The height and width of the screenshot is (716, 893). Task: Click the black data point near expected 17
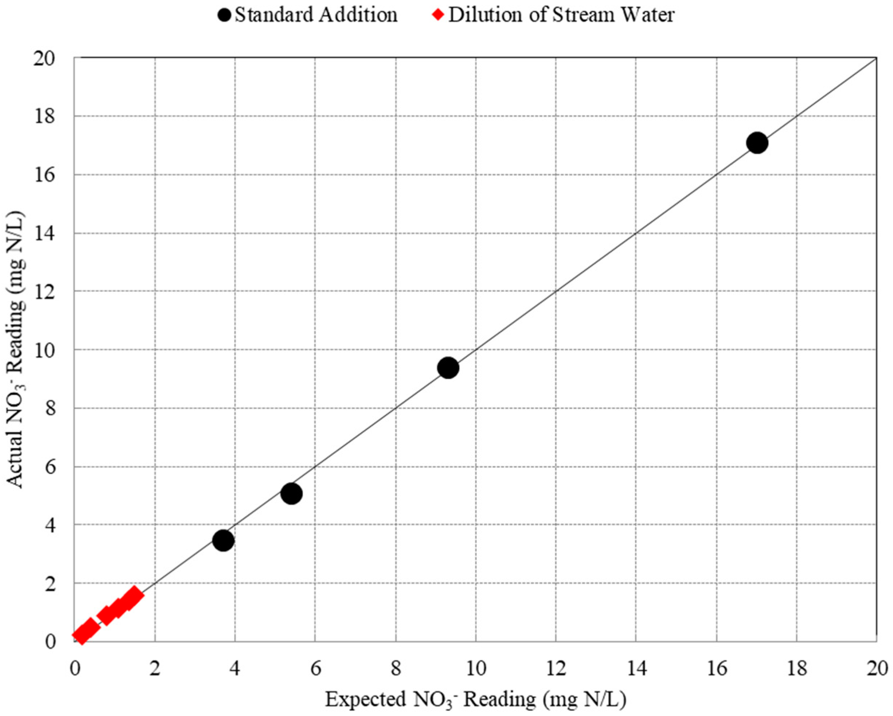coord(757,143)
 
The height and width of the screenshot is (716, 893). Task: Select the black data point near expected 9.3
coord(448,368)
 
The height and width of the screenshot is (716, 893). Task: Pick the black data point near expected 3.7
coord(223,540)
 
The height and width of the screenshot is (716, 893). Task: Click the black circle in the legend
coord(224,15)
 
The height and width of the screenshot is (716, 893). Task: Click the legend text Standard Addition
coord(316,15)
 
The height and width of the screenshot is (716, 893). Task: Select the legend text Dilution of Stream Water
coord(561,15)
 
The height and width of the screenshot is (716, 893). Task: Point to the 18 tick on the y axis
coord(45,117)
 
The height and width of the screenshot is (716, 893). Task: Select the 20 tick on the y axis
coord(45,58)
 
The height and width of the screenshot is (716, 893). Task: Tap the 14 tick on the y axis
coord(45,233)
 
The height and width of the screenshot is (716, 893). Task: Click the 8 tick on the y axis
coord(50,408)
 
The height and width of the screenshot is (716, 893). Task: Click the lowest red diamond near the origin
coord(81,635)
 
